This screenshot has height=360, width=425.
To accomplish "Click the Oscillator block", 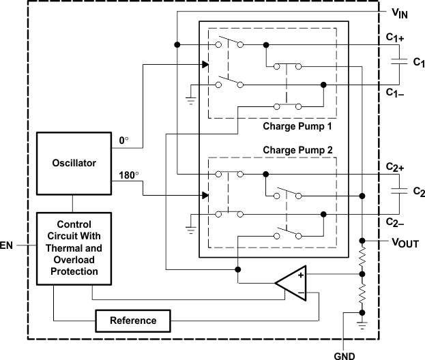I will pos(74,163).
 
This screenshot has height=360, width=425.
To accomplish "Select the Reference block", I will pos(132,320).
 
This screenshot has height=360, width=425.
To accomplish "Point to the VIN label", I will pos(400,13).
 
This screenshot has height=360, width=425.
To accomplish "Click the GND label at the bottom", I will pos(343,355).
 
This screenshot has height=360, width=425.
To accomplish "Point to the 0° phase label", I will pos(123,140).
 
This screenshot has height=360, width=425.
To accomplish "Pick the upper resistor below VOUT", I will pos(362,258).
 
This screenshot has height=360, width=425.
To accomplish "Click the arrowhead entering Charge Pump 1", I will pos(205,65).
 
